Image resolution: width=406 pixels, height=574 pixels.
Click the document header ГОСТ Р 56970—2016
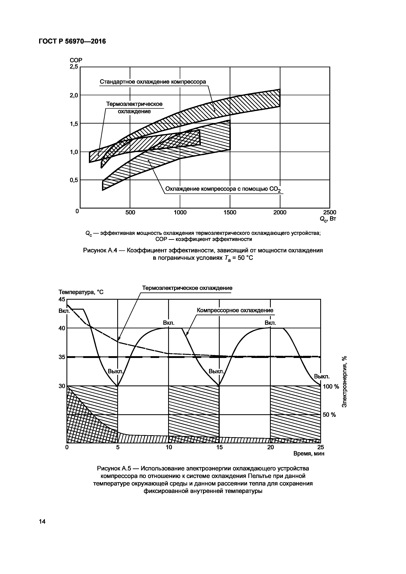coord(72,41)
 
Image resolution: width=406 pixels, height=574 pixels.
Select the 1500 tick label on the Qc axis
coord(230,212)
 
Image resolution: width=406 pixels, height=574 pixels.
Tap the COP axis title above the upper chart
coord(76,60)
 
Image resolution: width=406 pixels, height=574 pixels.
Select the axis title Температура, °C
coord(81,292)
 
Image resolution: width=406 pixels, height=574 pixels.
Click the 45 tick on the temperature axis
coord(62,299)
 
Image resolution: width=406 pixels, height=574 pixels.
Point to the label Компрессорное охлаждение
coord(235,310)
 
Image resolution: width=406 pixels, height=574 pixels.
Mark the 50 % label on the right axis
coord(329,415)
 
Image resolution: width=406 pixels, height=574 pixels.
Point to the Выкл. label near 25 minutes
coord(322,376)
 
